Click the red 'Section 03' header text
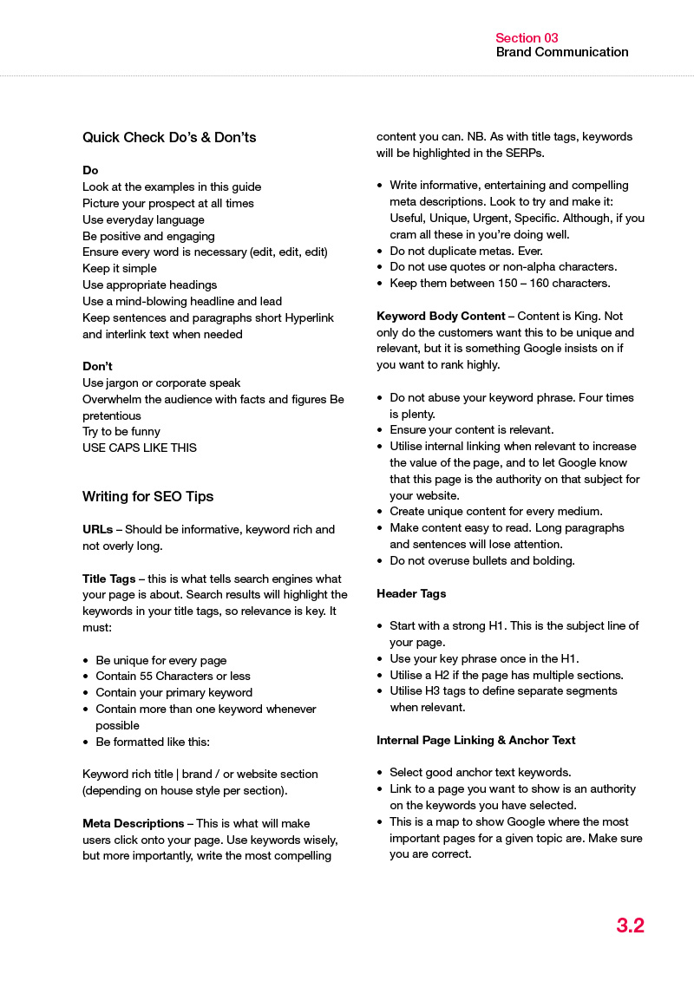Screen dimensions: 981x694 (x=527, y=37)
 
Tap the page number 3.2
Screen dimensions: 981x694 (x=630, y=925)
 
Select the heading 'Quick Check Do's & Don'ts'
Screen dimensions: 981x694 (x=169, y=137)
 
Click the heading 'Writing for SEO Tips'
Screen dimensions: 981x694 (x=147, y=496)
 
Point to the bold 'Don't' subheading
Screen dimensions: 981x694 (x=97, y=366)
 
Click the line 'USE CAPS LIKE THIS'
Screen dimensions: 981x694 (x=140, y=448)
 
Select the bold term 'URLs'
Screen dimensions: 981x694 (x=97, y=529)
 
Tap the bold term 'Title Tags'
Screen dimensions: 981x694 (x=108, y=579)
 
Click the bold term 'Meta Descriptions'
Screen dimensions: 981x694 (x=133, y=823)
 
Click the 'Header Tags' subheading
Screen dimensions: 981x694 (x=411, y=593)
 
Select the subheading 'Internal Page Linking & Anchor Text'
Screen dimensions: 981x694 (x=476, y=740)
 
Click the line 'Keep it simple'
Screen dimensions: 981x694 (x=120, y=268)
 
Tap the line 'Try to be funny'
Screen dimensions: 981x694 (x=121, y=431)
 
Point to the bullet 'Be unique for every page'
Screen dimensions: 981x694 (x=161, y=660)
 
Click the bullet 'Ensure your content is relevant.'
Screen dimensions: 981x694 (x=472, y=429)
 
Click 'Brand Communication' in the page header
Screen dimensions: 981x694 (x=562, y=52)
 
